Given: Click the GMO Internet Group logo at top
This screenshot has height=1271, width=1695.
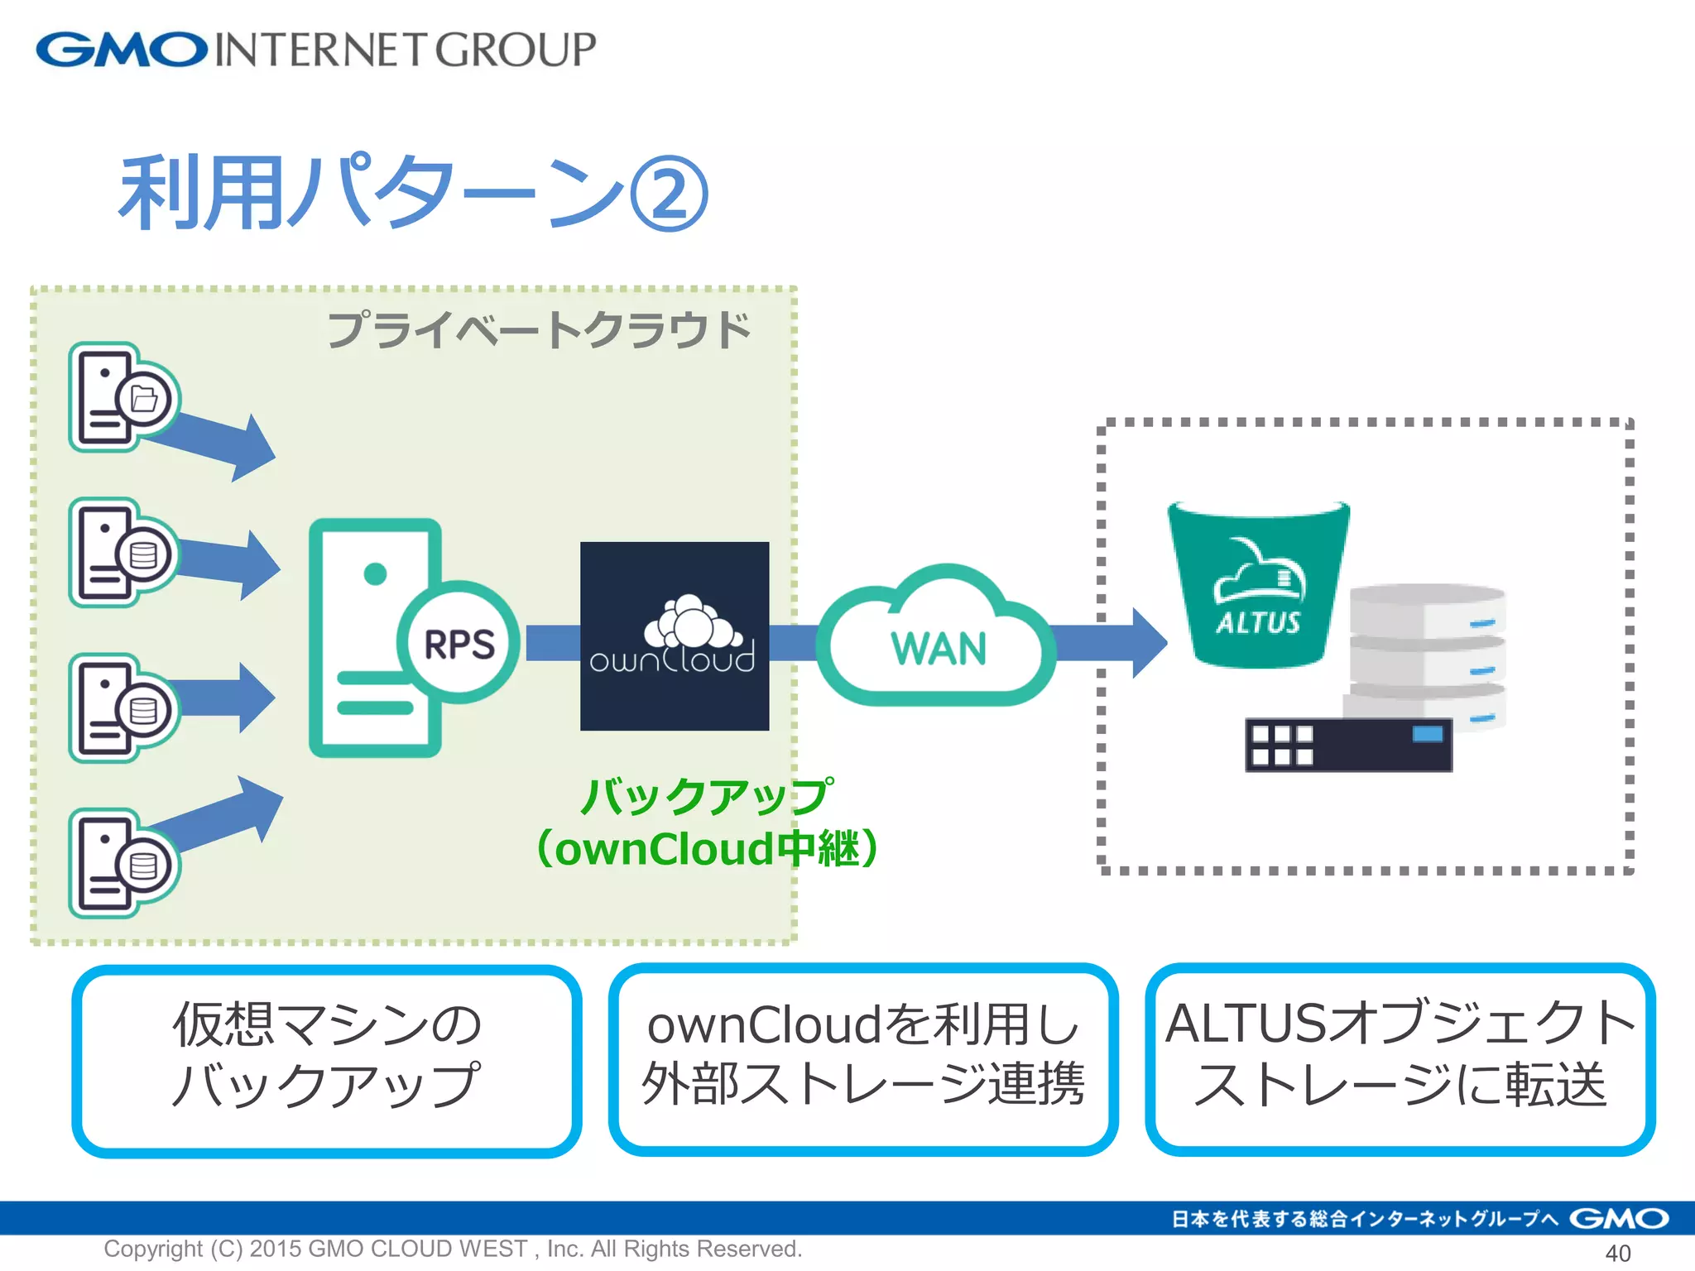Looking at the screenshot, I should (x=315, y=50).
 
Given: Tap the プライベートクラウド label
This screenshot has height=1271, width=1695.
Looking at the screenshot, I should (x=538, y=329).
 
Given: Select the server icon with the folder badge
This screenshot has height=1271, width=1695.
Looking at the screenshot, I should (x=122, y=397).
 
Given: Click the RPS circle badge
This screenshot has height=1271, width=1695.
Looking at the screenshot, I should (x=459, y=643).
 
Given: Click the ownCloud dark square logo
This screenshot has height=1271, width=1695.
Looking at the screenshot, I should (x=675, y=636).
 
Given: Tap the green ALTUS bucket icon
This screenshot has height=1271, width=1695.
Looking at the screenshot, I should (x=1258, y=583).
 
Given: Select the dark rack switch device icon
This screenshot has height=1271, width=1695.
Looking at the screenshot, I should (x=1349, y=745).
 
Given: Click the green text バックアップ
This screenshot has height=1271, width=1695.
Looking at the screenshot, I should (x=705, y=796).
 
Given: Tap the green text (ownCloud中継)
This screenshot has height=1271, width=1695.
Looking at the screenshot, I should (x=705, y=849).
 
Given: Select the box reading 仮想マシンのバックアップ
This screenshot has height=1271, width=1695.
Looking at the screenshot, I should (x=327, y=1059).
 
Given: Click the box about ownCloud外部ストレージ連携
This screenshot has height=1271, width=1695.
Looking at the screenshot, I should (x=862, y=1059).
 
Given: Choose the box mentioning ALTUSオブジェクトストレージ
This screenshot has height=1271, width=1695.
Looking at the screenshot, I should (x=1400, y=1059).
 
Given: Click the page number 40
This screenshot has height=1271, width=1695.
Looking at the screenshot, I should (x=1617, y=1253).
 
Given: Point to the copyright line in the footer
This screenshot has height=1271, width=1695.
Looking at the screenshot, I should (x=453, y=1249).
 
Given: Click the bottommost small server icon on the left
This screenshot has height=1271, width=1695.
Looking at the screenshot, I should (x=122, y=863).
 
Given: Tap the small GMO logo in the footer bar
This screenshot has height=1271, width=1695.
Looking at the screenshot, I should (x=1619, y=1219).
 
